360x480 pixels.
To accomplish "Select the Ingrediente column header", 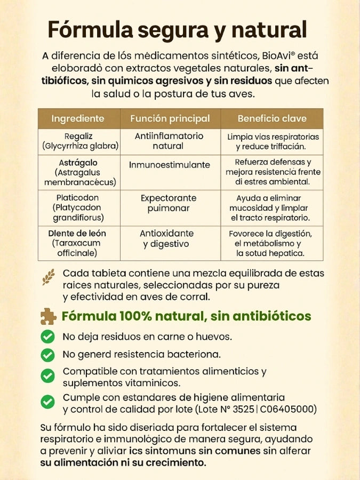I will click(78, 118).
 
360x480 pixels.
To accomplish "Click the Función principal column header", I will click(170, 118).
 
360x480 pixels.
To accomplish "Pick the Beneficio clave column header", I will click(273, 118).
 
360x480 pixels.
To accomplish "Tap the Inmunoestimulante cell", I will click(169, 165).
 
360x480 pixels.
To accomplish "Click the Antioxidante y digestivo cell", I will click(166, 238).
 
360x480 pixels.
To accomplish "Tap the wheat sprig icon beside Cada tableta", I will click(49, 277).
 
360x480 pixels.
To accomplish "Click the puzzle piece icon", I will click(49, 316).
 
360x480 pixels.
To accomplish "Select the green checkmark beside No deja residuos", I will click(48, 337).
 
